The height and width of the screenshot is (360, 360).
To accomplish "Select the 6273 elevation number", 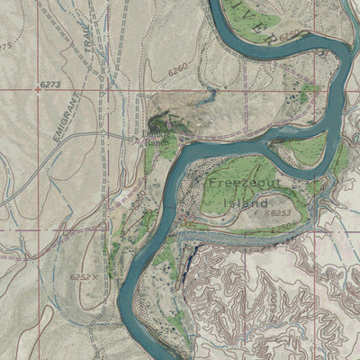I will pos(51,85).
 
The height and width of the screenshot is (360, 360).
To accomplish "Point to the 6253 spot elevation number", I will pos(280,213).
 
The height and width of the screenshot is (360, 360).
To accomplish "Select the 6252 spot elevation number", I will pos(78,278).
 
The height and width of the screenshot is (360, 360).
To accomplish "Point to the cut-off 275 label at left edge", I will pos(5,45).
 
